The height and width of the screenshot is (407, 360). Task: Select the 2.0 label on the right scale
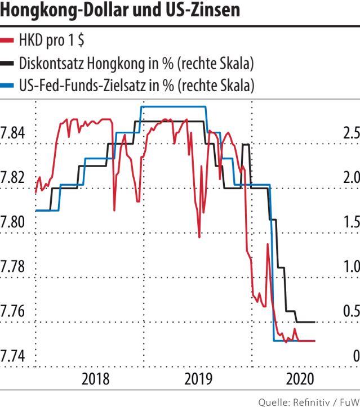click(x=351, y=177)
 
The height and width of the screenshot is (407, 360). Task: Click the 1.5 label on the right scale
click(x=351, y=221)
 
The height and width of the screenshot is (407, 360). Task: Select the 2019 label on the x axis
click(x=197, y=379)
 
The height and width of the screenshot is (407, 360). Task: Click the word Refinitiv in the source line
click(x=320, y=401)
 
